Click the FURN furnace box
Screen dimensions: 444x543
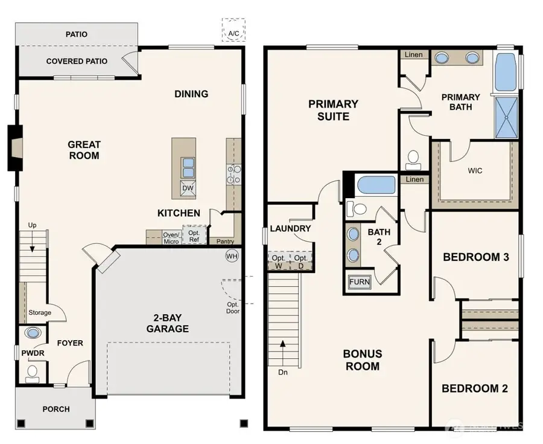click(x=360, y=282)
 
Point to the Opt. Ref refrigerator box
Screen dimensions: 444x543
click(x=194, y=236)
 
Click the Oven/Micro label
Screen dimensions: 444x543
click(x=171, y=238)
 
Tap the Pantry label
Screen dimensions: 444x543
click(x=225, y=241)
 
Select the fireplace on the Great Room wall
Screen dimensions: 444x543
click(x=15, y=147)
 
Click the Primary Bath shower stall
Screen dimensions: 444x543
click(x=506, y=117)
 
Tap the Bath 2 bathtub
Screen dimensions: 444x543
click(x=375, y=185)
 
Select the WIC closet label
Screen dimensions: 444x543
click(x=475, y=170)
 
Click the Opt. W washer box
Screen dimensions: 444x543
click(x=278, y=262)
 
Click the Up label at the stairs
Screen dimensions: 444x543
click(x=33, y=225)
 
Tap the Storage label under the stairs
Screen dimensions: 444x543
click(x=40, y=312)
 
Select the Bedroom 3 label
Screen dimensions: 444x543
click(x=476, y=257)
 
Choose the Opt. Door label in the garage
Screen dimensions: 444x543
click(x=233, y=307)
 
